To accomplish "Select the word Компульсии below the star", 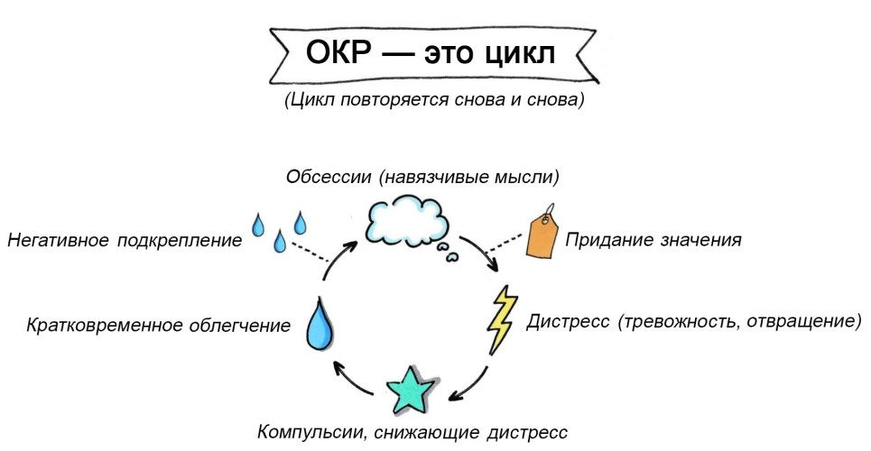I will coord(310,431).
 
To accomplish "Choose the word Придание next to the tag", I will coord(603,241).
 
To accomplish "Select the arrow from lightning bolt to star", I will coord(475,380).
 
